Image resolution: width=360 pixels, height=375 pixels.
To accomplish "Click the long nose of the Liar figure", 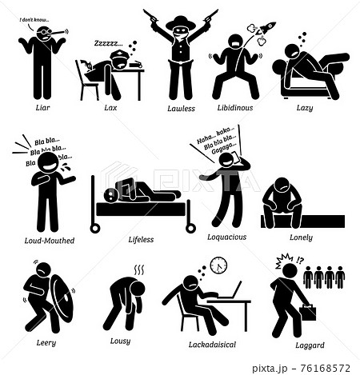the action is [x=57, y=32].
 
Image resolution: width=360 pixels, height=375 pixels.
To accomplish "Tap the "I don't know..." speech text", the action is [x=34, y=20].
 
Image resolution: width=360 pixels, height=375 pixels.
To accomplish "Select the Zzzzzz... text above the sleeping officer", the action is [x=109, y=43].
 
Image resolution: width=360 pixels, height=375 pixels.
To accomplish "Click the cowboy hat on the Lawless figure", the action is [x=181, y=23].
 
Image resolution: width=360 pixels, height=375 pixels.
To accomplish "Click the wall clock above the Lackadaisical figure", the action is [x=218, y=265].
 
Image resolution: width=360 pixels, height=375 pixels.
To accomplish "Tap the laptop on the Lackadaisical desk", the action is [x=230, y=290].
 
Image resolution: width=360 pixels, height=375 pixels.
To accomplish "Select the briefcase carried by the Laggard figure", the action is [x=307, y=313].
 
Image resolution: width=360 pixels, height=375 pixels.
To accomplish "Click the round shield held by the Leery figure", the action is [x=62, y=298].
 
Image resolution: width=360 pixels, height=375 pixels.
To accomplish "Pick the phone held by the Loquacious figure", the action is [x=234, y=157].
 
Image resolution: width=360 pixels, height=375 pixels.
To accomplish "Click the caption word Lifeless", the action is [x=141, y=240].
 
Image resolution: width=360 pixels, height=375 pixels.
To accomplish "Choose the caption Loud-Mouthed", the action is [x=50, y=241].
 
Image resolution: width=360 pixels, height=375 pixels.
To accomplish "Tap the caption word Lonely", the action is [x=301, y=237].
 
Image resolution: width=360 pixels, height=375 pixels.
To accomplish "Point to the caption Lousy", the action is [x=120, y=341].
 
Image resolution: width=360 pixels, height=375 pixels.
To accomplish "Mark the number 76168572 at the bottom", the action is [x=325, y=369].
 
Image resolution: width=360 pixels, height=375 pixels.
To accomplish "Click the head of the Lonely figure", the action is [x=282, y=186].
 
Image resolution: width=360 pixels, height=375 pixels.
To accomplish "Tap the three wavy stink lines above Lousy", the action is [x=139, y=270].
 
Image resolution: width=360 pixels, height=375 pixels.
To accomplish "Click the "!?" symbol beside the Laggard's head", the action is [x=300, y=260].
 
